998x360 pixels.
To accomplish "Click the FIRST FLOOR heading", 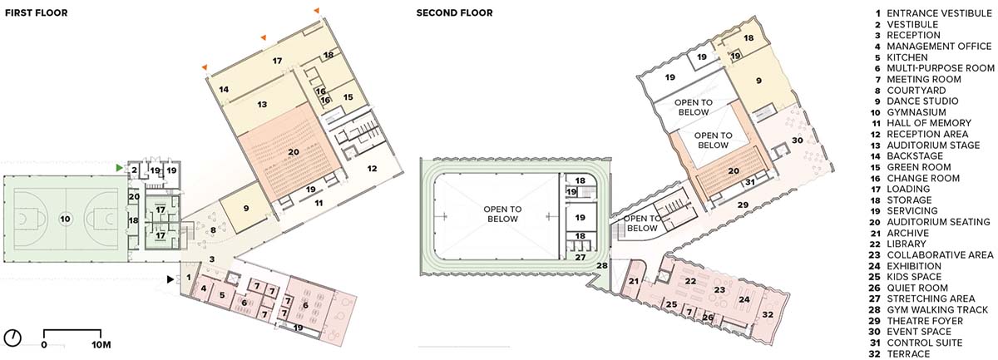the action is pos(36,13).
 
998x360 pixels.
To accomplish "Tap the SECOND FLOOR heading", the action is pos(454,13).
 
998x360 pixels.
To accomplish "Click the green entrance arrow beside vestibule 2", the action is pos(119,168).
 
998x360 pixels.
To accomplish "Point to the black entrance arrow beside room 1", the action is pos(170,279).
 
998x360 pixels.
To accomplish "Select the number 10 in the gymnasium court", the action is pos(65,219).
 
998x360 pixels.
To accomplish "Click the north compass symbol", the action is pos(14,338).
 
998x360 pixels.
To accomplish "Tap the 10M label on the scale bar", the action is pos(101,344).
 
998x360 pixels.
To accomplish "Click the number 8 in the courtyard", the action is pos(213,230).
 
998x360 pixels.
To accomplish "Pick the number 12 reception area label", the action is pos(372,169).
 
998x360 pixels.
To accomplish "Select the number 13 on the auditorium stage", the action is pos(262,104).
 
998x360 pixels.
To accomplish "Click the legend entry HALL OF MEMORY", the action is pos(929,123).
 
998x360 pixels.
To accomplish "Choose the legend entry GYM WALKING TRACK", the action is pos(937,309).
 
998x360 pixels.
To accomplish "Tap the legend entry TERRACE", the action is pos(908,353).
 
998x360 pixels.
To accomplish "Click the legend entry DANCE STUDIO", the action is pos(922,101).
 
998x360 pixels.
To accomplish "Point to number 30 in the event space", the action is pos(797,141).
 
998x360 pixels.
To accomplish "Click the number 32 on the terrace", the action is pos(768,314).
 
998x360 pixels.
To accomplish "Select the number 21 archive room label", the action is pos(634,281).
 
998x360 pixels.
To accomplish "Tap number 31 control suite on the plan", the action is pos(750,182).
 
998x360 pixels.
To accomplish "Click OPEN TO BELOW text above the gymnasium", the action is pos(502,214).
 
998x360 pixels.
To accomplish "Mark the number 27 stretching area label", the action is pos(581,257).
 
